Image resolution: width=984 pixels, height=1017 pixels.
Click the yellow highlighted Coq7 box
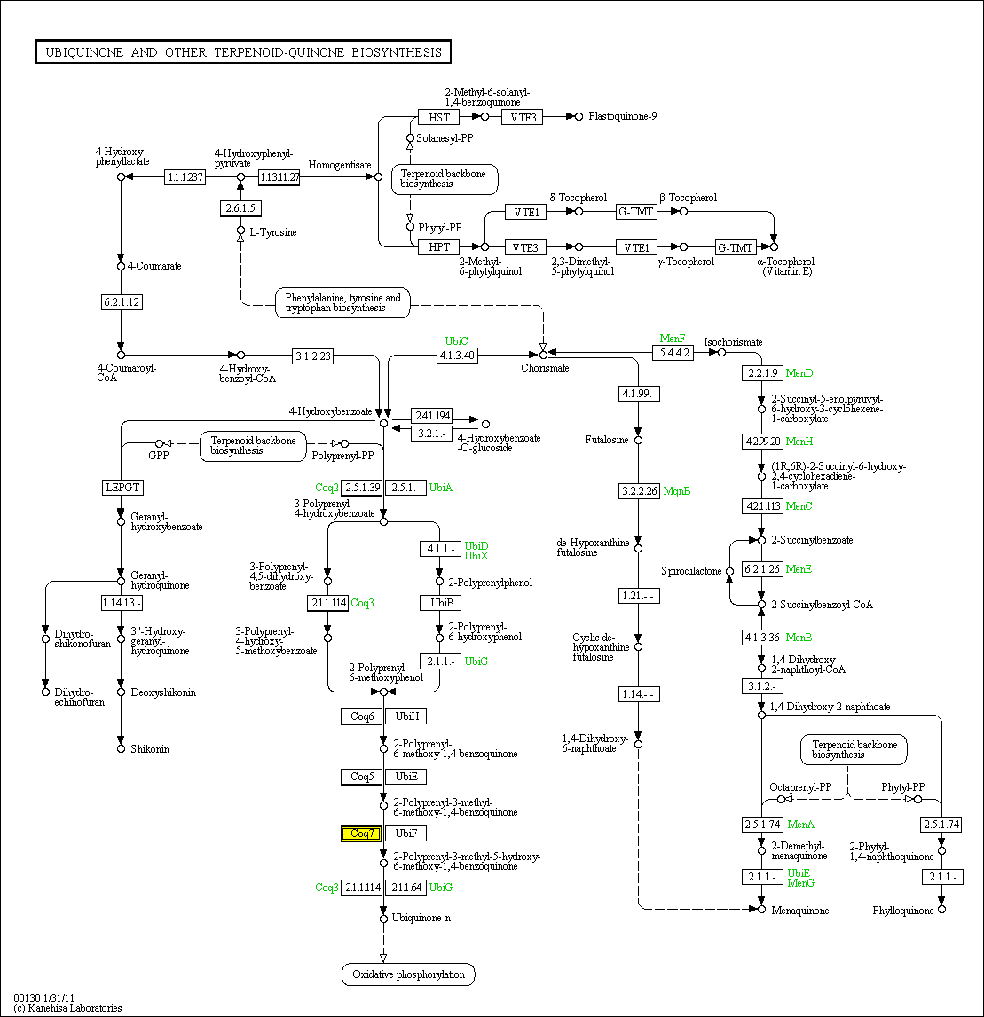click(362, 833)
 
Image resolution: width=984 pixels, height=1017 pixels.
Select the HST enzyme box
click(438, 117)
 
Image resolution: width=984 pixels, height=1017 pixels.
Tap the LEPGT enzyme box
click(122, 487)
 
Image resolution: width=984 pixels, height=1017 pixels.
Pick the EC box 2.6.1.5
click(240, 208)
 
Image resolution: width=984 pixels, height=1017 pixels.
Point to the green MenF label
click(673, 339)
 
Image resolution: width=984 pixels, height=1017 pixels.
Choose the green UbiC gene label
click(456, 341)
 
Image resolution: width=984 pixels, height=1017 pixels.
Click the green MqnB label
click(677, 491)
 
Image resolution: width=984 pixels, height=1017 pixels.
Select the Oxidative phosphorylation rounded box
click(408, 974)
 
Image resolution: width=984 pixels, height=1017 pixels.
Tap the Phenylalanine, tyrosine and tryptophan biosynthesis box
click(342, 303)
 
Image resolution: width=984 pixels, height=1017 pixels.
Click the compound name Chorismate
click(545, 368)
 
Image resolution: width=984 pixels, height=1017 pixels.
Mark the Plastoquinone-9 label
click(622, 116)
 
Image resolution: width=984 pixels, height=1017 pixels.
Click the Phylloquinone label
click(903, 911)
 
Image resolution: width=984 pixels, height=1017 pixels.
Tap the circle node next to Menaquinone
click(761, 910)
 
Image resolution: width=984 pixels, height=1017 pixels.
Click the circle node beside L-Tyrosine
click(240, 231)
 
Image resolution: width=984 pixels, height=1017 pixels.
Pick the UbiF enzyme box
click(405, 833)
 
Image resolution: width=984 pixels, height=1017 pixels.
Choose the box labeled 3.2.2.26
click(639, 490)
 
